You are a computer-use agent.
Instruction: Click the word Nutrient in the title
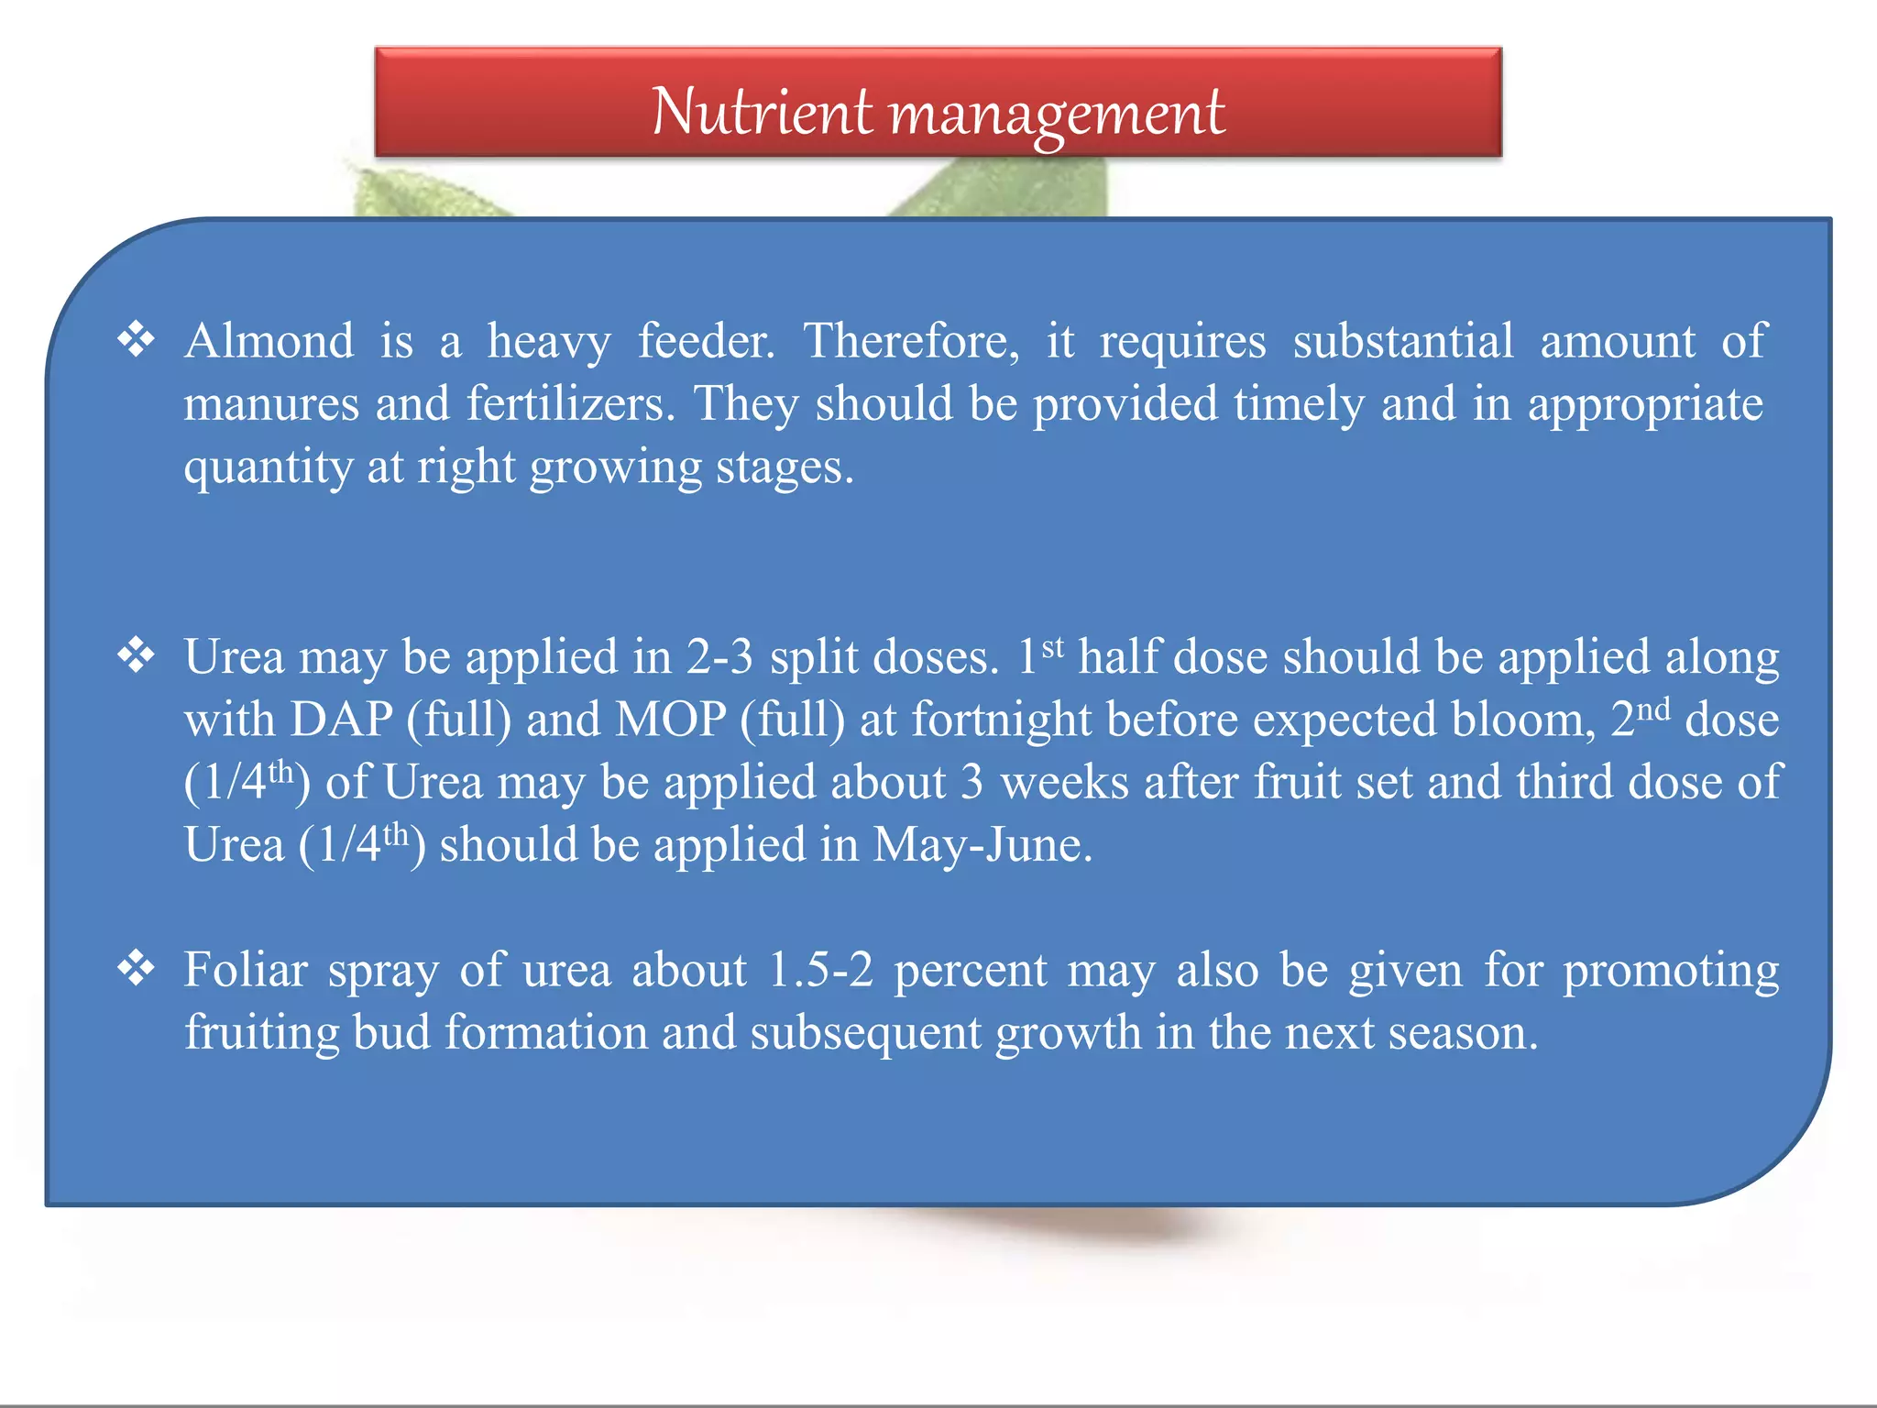coord(762,112)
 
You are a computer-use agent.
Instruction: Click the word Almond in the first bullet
coord(269,341)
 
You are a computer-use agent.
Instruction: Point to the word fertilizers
coord(570,404)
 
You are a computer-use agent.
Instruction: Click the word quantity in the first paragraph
coord(268,467)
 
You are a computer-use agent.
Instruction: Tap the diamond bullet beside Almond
coord(136,340)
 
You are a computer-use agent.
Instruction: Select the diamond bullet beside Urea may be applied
coord(136,656)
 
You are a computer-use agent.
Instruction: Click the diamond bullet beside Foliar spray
coord(136,969)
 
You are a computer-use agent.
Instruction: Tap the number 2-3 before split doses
coord(719,657)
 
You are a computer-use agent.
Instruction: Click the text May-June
coord(982,845)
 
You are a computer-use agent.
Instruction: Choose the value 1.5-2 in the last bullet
coord(820,970)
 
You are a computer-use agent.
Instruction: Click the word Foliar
coord(246,970)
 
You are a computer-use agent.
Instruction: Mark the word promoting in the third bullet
coord(1671,972)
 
